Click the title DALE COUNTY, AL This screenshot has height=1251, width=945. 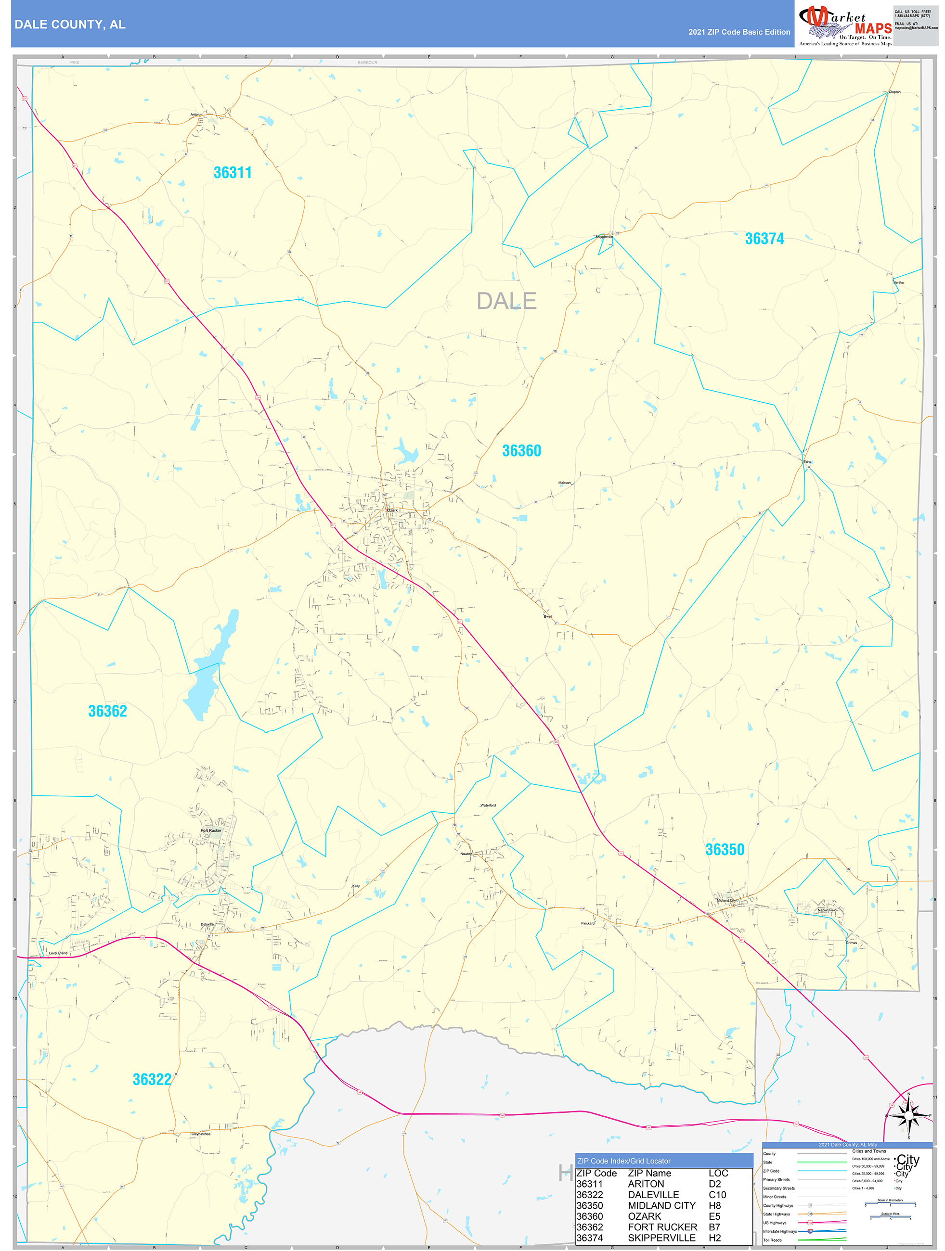(x=70, y=25)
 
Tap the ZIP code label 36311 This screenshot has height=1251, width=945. (x=232, y=172)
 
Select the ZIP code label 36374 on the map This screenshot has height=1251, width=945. (x=764, y=239)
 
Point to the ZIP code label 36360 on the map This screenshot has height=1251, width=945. (x=521, y=451)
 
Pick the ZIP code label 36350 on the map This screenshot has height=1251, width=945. (x=725, y=849)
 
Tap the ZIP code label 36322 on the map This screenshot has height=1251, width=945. (x=152, y=1079)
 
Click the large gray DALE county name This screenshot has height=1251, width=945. (x=506, y=301)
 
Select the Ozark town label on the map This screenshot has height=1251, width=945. (x=392, y=510)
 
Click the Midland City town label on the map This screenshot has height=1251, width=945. (x=726, y=900)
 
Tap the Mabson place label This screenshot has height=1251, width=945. (x=564, y=483)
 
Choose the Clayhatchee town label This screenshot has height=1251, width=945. (x=201, y=1134)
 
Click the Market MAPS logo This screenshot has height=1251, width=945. (x=845, y=26)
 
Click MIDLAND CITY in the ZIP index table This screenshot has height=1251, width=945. (x=661, y=1205)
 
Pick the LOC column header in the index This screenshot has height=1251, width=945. (x=718, y=1173)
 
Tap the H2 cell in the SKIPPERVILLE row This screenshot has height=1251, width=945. (x=715, y=1238)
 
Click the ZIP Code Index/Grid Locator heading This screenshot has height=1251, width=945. (x=623, y=1161)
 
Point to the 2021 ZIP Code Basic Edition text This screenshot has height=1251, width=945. (x=739, y=32)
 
